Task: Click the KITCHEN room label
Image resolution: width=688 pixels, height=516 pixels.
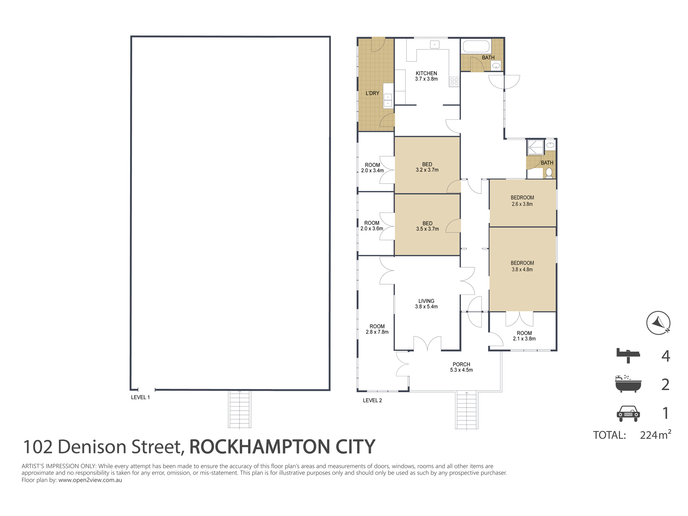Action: pyautogui.click(x=426, y=73)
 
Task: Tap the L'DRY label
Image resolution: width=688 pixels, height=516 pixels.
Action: pyautogui.click(x=372, y=93)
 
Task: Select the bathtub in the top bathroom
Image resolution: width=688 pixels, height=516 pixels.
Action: pyautogui.click(x=476, y=46)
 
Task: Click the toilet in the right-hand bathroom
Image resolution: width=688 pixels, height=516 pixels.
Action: pyautogui.click(x=549, y=173)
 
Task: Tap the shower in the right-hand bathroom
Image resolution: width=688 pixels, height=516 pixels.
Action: pyautogui.click(x=536, y=147)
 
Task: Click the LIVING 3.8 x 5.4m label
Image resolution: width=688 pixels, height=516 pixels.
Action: pyautogui.click(x=426, y=304)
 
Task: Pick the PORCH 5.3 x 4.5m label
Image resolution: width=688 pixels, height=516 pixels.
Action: pyautogui.click(x=461, y=367)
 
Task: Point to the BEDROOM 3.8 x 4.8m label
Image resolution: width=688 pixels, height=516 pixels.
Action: pyautogui.click(x=522, y=266)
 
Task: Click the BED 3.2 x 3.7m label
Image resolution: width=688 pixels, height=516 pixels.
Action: pyautogui.click(x=427, y=167)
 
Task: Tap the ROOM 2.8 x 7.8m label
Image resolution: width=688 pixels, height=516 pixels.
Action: pyautogui.click(x=377, y=329)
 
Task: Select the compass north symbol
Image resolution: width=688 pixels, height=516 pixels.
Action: pyautogui.click(x=658, y=323)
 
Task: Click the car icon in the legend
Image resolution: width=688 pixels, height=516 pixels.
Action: pyautogui.click(x=628, y=413)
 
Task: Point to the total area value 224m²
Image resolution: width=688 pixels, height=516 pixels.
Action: pyautogui.click(x=655, y=434)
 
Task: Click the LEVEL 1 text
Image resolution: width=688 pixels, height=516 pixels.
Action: pyautogui.click(x=140, y=397)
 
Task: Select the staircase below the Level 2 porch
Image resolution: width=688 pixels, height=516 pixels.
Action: pyautogui.click(x=466, y=410)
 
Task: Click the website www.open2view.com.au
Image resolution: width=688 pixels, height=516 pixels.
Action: pyautogui.click(x=90, y=480)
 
